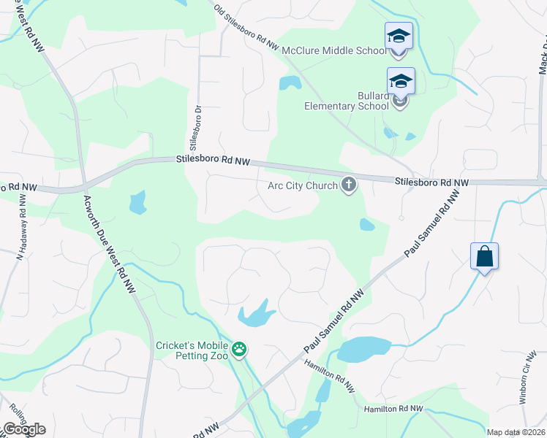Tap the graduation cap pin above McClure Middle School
pos(399,36)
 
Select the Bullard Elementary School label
pos(347,101)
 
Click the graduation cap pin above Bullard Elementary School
pos(401,82)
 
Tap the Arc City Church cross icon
pos(349,185)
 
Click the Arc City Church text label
pos(303,185)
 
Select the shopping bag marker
pos(484,257)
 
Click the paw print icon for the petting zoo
pos(239,350)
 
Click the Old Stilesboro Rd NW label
pos(246,26)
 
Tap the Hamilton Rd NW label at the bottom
pos(393,409)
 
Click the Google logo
pos(24,429)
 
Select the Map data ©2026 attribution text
pos(516,432)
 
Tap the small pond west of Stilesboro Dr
pos(137,202)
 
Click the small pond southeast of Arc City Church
pos(366,225)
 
